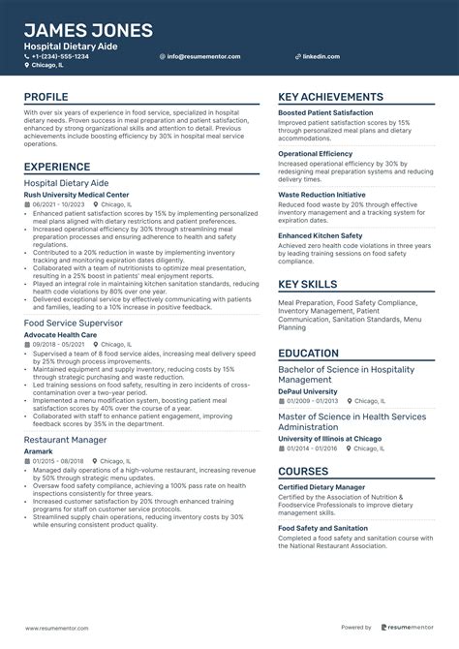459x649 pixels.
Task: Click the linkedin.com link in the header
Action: (x=321, y=56)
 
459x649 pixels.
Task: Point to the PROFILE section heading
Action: (x=46, y=97)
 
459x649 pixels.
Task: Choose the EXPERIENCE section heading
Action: (x=57, y=167)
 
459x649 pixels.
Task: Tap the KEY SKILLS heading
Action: (x=307, y=284)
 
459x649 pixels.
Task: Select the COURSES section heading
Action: (x=303, y=472)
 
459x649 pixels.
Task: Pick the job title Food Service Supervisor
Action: (x=73, y=322)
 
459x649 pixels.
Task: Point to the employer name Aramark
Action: (x=38, y=450)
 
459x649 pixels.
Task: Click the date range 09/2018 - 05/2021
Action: (x=59, y=344)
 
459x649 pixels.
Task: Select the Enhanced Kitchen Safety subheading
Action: (x=320, y=235)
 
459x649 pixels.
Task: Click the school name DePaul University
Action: (x=308, y=391)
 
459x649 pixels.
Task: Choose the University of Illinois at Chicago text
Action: (x=329, y=438)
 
